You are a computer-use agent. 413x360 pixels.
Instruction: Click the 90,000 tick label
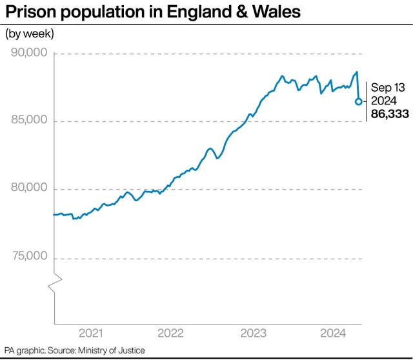[x=29, y=53]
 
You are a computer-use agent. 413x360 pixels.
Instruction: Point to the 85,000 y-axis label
[x=29, y=121]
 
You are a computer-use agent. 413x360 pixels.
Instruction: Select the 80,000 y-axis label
[x=29, y=188]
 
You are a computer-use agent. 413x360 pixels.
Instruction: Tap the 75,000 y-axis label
[x=29, y=257]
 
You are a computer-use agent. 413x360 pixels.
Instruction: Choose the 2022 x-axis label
[x=171, y=334]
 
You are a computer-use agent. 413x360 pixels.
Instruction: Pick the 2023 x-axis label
[x=253, y=334]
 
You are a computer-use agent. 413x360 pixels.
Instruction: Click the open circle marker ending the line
[x=358, y=101]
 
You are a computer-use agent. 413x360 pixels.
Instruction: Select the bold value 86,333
[x=389, y=114]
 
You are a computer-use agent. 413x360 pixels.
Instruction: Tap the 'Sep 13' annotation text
[x=387, y=88]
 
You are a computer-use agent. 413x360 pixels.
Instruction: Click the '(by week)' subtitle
[x=30, y=34]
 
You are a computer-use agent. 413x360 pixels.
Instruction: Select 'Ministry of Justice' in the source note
[x=111, y=351]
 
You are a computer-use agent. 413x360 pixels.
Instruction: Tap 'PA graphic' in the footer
[x=23, y=351]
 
